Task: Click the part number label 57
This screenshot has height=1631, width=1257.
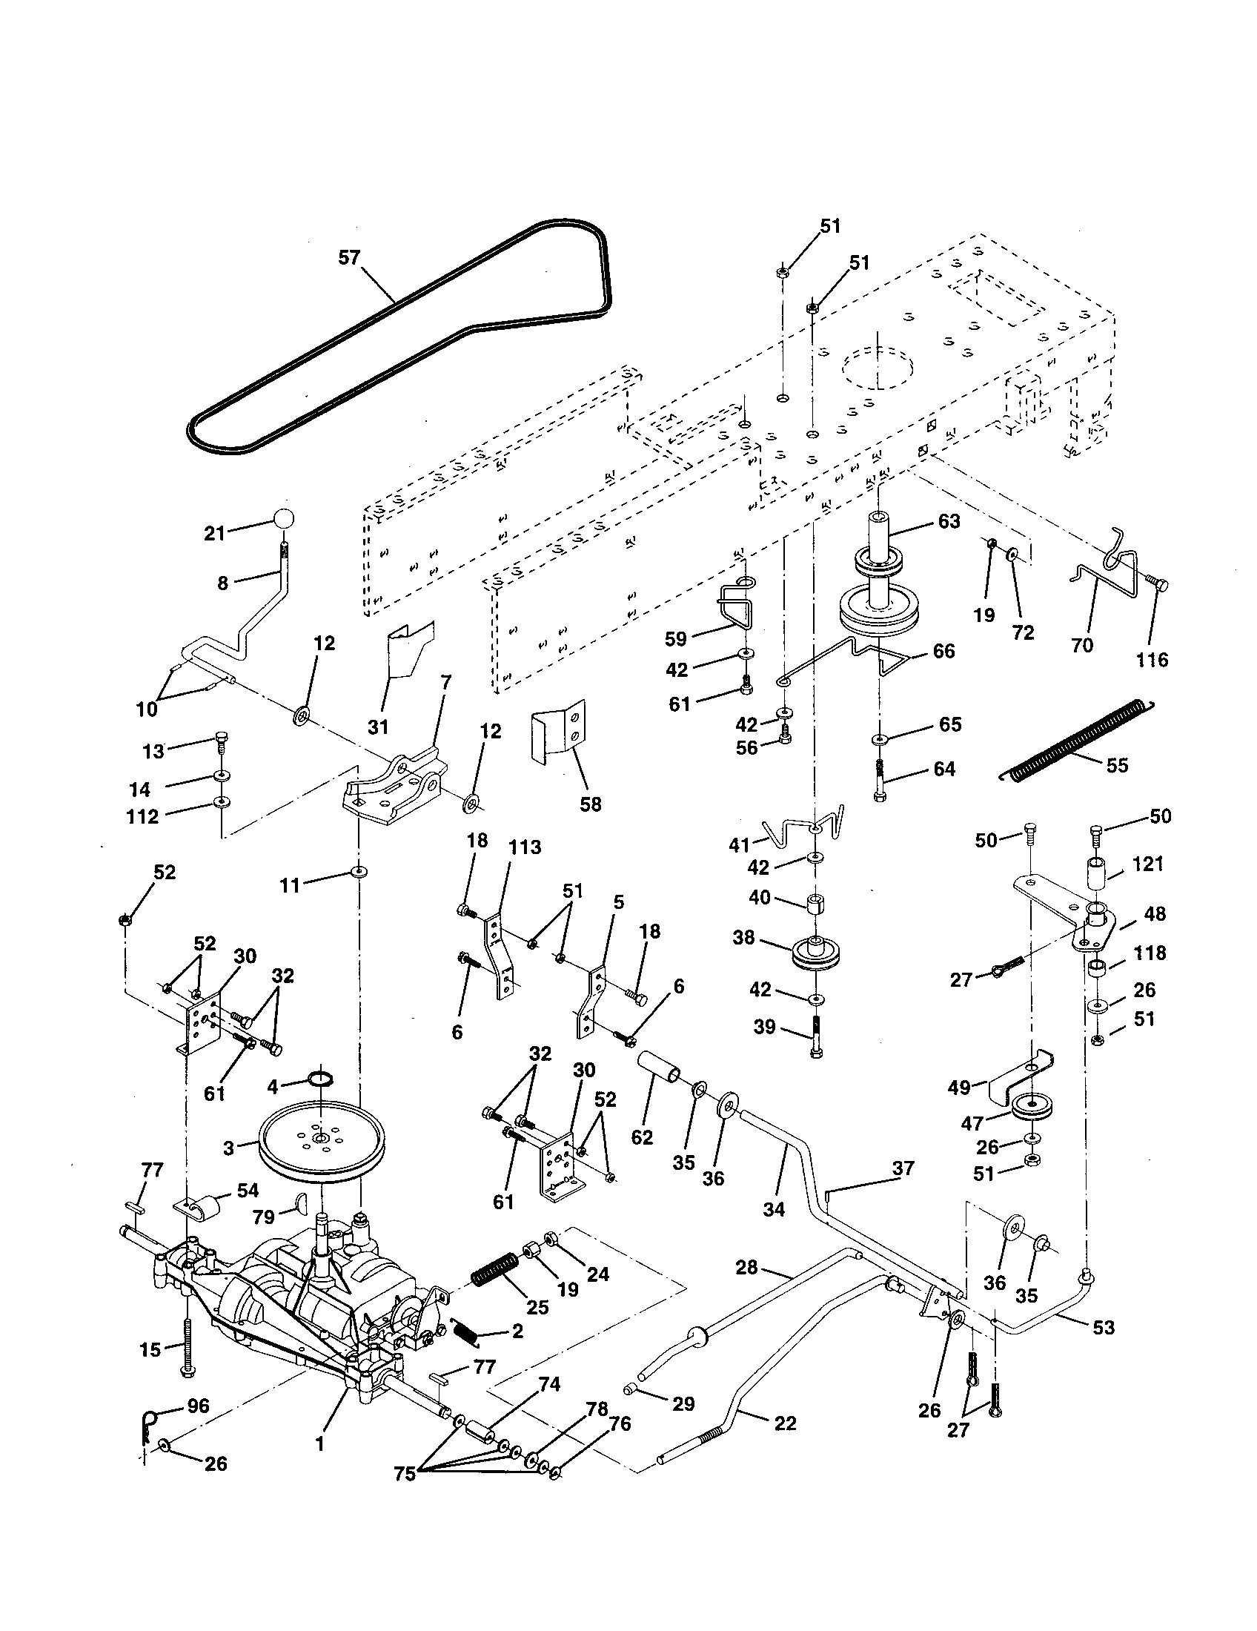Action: click(349, 258)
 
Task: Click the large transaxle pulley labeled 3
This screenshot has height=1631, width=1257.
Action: click(322, 1148)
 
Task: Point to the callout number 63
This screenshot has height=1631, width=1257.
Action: click(949, 521)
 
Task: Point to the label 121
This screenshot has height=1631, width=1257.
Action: click(1148, 864)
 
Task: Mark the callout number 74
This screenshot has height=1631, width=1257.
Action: click(549, 1384)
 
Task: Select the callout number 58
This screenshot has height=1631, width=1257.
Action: click(590, 805)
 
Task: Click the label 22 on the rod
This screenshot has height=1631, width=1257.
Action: click(784, 1423)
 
